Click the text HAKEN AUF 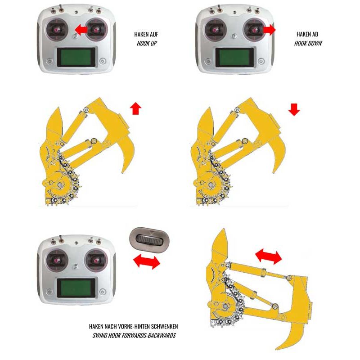[x=146, y=34]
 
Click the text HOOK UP [x=147, y=43]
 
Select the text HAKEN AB [x=307, y=34]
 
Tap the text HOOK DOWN [x=308, y=43]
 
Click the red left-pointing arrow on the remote [x=81, y=30]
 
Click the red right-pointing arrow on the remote [x=269, y=29]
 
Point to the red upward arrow [x=136, y=108]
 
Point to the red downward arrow [x=294, y=109]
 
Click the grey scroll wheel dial [x=149, y=240]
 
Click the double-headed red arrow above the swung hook [x=268, y=257]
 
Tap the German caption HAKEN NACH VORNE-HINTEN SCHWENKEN [x=133, y=326]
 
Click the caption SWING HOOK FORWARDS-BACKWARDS [x=134, y=335]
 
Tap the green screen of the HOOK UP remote [x=76, y=57]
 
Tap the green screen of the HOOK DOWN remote [x=234, y=57]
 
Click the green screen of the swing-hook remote [x=76, y=288]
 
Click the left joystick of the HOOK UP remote [x=57, y=30]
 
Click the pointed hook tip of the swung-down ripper [x=276, y=349]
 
